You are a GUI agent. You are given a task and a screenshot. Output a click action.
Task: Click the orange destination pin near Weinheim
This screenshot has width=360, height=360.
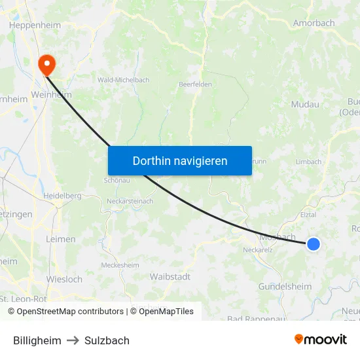coord(47,64)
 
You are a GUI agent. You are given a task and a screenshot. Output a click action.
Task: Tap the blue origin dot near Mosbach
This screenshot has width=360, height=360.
coord(314,244)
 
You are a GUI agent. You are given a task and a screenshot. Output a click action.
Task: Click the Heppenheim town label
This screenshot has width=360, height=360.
coord(35,26)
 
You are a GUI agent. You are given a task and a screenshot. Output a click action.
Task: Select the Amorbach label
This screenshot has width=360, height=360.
coord(314,23)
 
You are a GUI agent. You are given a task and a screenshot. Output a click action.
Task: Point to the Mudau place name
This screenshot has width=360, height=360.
coord(305,104)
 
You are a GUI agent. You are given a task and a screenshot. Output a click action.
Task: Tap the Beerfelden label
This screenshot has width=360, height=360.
coord(195,84)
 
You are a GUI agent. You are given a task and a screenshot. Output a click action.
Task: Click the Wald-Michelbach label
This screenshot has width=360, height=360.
coord(123,80)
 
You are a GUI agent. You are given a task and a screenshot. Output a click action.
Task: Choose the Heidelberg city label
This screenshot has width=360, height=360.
coord(62,196)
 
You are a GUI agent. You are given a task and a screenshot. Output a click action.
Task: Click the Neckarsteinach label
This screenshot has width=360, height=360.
coord(130,201)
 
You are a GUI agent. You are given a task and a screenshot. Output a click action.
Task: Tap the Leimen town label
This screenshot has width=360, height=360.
coord(61,240)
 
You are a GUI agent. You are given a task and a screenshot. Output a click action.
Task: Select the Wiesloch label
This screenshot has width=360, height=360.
coord(64,279)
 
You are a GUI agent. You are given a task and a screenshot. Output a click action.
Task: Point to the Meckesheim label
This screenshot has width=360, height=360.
coord(120,265)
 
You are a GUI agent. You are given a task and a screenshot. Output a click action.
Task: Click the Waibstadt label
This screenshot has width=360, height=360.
coord(170,277)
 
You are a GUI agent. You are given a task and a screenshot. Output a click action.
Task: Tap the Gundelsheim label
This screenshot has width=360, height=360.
coord(285,287)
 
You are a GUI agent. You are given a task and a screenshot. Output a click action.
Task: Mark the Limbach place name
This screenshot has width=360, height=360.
coord(308,162)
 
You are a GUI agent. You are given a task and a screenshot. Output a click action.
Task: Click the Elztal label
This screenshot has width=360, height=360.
coord(308,214)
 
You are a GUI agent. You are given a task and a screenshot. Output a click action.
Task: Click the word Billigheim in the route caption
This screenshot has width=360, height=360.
coord(37,340)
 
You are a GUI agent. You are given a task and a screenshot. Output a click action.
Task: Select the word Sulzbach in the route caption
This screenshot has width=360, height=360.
coord(107,340)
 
